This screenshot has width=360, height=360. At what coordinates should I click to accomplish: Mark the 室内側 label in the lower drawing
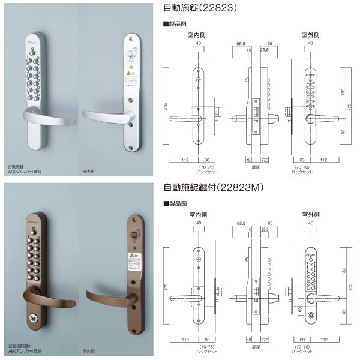pyautogui.click(x=199, y=213)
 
